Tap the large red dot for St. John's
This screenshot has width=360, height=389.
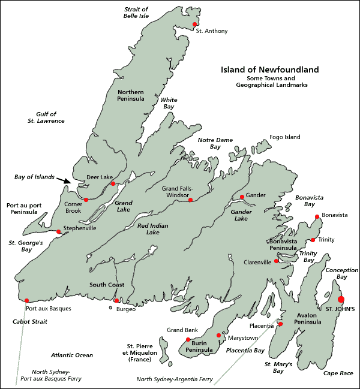(x=341, y=299)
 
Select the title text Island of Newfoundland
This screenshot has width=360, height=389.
(x=269, y=70)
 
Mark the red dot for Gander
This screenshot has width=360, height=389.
(x=242, y=197)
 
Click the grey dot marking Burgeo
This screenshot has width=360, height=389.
(x=110, y=308)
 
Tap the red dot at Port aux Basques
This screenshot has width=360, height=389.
(x=27, y=300)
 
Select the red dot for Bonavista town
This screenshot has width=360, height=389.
(x=317, y=216)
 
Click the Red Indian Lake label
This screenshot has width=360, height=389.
(x=152, y=229)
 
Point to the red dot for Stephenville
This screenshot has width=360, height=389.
(x=58, y=231)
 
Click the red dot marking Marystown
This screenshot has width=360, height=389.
(x=218, y=335)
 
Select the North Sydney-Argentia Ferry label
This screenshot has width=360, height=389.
(x=175, y=379)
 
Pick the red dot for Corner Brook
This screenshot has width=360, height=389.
(x=86, y=200)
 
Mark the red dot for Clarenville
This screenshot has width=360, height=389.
(x=277, y=261)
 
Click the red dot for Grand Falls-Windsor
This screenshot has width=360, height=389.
(x=190, y=200)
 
